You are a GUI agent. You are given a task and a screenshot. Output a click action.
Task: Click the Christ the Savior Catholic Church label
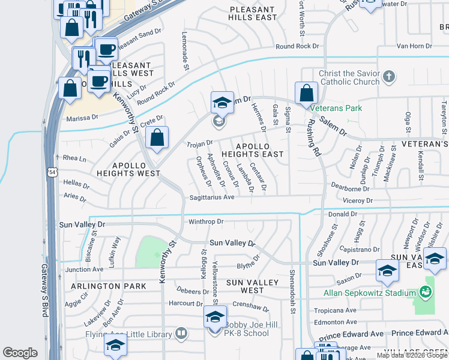pos(349,77)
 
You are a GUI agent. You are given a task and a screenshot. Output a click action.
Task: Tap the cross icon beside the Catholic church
pos(390,76)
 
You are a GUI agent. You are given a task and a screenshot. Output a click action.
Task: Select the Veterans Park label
pos(337,108)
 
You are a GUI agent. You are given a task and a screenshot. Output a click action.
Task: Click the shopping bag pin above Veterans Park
pos(307,94)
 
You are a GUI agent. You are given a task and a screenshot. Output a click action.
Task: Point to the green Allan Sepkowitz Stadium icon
pos(426,292)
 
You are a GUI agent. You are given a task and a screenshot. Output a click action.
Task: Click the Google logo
pos(20,353)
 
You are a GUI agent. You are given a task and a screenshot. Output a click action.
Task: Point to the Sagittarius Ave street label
pos(212,197)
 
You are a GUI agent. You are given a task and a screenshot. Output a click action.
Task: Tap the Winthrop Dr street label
pos(206,221)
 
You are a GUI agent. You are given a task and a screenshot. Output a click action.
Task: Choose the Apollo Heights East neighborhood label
pos(259,150)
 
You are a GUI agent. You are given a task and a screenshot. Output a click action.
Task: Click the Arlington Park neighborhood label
pos(108,287)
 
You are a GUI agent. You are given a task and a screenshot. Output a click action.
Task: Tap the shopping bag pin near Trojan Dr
pos(157,137)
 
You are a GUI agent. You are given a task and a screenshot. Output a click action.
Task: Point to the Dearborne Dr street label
pos(350,188)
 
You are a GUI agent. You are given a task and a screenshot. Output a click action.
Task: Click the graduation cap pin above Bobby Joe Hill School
pos(215,317)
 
